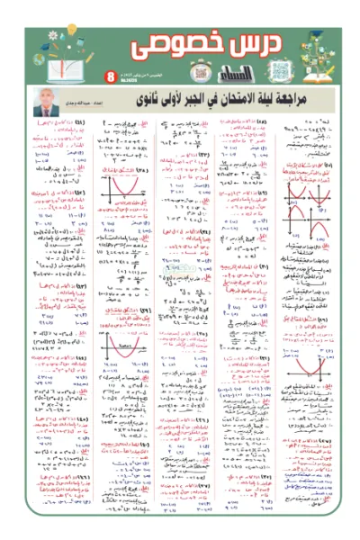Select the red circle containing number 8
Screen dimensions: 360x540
[110, 76]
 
